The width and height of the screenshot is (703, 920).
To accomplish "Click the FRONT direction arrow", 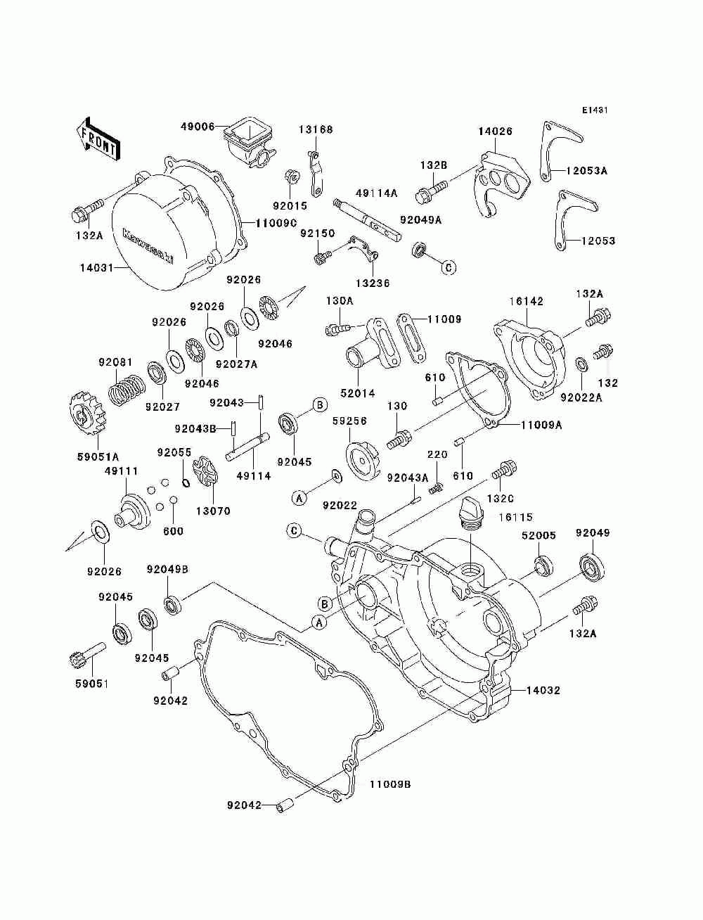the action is (98, 139).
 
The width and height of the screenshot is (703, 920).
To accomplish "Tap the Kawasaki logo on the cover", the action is (148, 247).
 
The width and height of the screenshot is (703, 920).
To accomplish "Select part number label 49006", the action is (198, 126).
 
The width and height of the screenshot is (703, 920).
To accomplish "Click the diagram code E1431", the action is (595, 110).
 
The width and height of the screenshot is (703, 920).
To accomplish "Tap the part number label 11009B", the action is (389, 784).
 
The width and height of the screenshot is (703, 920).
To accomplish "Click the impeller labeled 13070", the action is (205, 472).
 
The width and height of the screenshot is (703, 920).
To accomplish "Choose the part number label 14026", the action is (495, 132).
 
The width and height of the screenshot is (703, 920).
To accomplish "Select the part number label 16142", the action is (527, 301).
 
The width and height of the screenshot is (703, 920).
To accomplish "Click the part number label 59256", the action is (349, 421).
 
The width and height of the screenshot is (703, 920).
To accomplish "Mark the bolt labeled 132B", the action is (432, 189).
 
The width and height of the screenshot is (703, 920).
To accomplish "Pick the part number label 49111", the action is (121, 471).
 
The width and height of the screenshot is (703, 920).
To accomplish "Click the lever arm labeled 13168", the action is (315, 173).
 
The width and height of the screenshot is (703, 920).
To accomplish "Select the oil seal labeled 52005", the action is (543, 565).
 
